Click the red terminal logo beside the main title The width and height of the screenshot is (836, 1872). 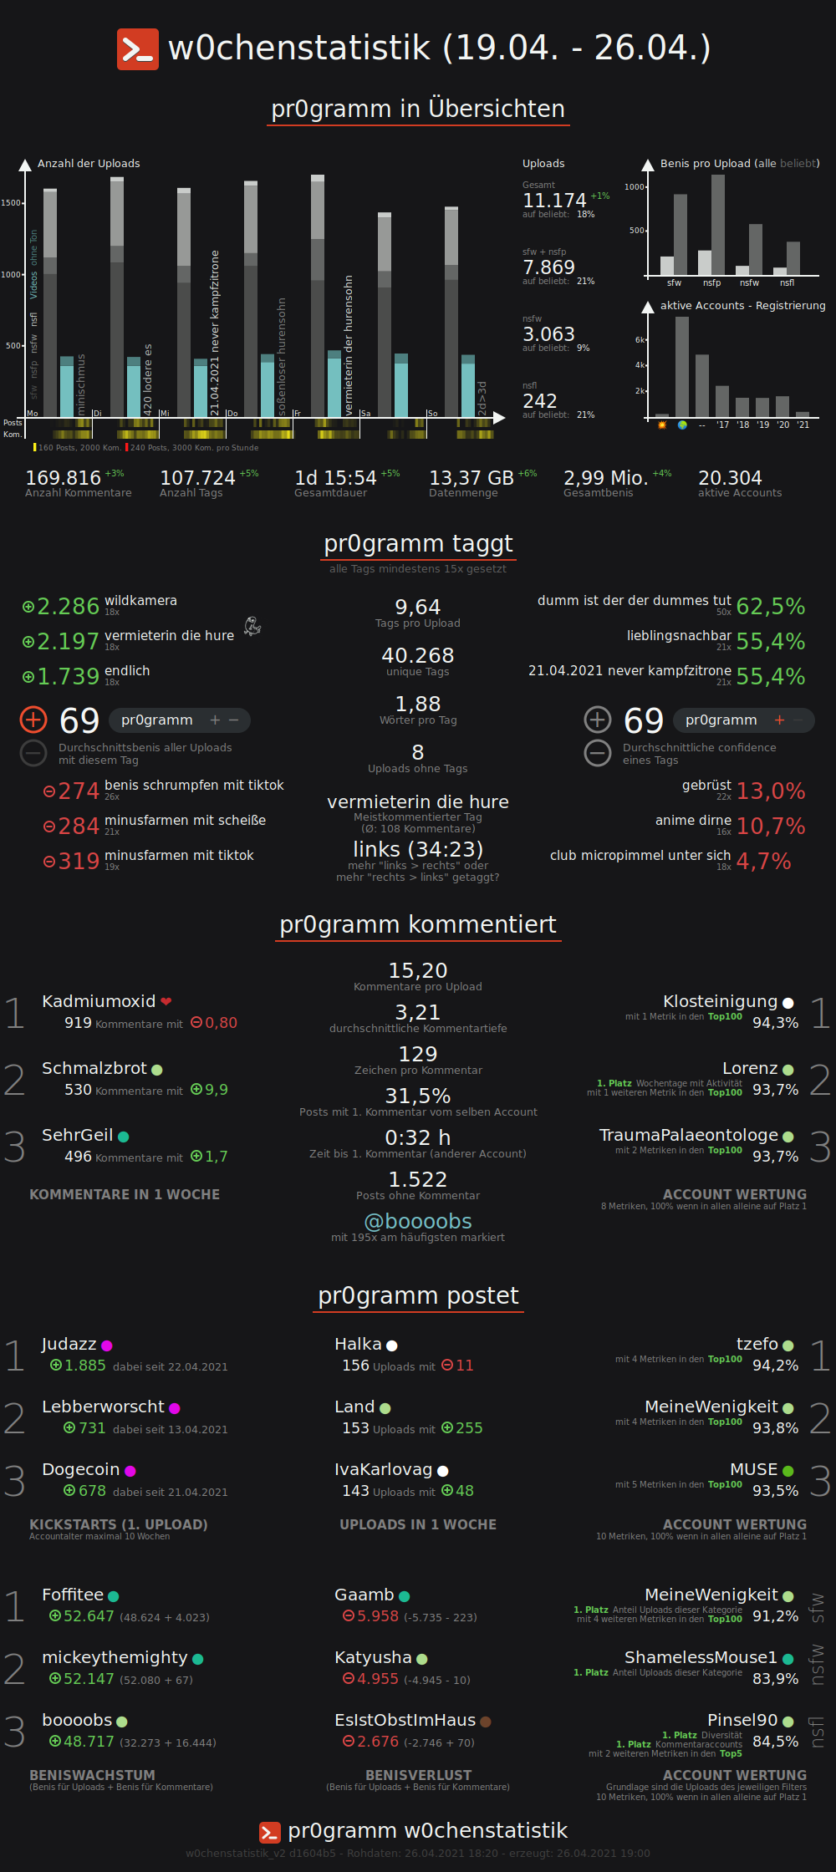click(x=137, y=48)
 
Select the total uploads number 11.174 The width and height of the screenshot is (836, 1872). click(x=554, y=201)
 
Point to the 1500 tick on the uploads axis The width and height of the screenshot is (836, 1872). click(x=11, y=203)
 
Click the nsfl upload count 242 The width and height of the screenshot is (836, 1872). click(x=539, y=401)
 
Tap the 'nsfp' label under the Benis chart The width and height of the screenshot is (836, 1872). click(x=711, y=283)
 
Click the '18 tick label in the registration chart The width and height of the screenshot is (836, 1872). click(x=742, y=425)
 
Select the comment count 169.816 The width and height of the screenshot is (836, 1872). click(x=63, y=478)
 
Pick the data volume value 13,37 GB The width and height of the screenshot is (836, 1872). click(x=471, y=478)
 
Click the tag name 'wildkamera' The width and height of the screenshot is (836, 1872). click(x=140, y=601)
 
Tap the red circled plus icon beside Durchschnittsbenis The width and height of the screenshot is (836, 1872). click(x=33, y=720)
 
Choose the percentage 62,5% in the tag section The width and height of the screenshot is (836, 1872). click(x=770, y=607)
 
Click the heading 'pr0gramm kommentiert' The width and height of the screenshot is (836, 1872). click(x=418, y=924)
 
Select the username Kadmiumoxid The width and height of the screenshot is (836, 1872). click(x=99, y=1001)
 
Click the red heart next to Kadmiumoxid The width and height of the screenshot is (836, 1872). click(x=166, y=1001)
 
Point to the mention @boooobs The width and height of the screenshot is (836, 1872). click(x=418, y=1221)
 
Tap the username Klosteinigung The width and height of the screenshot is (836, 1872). click(x=720, y=1001)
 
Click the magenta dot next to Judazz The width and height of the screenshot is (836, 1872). click(x=107, y=1345)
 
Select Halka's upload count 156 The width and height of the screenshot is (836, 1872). click(x=355, y=1366)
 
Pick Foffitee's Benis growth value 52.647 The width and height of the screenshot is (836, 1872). click(x=89, y=1616)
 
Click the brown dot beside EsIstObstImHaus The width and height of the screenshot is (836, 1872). click(x=486, y=1722)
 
